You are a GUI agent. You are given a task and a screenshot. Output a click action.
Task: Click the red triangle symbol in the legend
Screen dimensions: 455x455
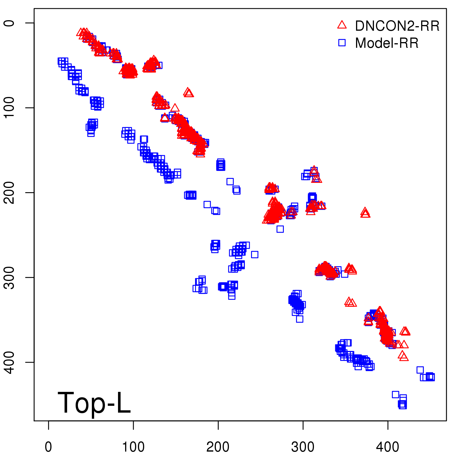(x=342, y=25)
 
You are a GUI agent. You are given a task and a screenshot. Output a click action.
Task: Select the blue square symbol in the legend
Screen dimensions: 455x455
(x=342, y=43)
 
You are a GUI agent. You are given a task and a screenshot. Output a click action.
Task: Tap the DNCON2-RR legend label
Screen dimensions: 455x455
(x=397, y=26)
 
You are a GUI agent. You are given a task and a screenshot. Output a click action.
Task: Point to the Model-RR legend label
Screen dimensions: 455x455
(x=387, y=43)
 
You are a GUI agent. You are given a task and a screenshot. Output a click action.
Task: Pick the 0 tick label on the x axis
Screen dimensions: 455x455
(x=48, y=447)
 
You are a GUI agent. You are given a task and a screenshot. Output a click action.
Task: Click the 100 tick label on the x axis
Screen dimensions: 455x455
(x=133, y=447)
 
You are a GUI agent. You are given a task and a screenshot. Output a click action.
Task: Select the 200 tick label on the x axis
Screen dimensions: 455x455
(x=218, y=447)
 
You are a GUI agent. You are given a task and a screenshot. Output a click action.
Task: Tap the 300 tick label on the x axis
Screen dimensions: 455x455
(x=303, y=447)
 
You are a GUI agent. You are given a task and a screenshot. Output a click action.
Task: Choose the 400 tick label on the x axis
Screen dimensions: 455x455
(x=388, y=447)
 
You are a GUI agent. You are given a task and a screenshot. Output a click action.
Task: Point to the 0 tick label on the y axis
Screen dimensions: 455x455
(x=9, y=23)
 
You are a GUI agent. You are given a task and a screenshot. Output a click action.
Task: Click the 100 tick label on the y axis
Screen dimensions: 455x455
(x=9, y=107)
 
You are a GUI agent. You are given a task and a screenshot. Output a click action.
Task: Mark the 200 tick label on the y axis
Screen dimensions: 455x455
(x=9, y=193)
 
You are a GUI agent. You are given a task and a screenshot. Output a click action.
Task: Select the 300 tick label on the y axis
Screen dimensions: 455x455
(x=9, y=277)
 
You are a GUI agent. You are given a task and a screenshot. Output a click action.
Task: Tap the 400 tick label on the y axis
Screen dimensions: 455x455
(x=9, y=362)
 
